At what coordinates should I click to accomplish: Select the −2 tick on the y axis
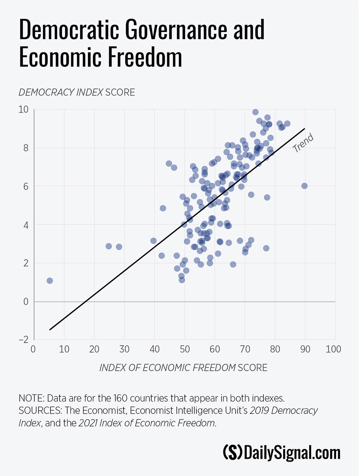[24, 340]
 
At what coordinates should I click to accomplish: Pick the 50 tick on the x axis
[184, 349]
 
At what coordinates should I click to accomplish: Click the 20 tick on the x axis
[94, 349]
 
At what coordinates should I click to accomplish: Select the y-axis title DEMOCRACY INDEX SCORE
[77, 92]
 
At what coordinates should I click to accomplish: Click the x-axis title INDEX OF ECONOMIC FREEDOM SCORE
[183, 368]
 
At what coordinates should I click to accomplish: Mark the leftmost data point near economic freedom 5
[50, 281]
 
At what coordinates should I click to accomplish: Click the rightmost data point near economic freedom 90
[304, 186]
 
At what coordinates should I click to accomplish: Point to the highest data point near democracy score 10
[255, 112]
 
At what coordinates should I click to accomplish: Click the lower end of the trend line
[50, 330]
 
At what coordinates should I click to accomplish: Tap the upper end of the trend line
[305, 128]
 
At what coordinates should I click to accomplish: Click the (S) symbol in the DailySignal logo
[232, 453]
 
